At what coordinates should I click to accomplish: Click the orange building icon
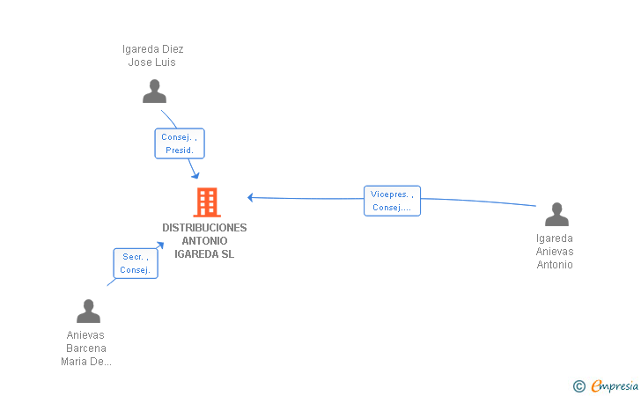pyautogui.click(x=207, y=202)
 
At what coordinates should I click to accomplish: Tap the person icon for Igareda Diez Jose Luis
pyautogui.click(x=155, y=92)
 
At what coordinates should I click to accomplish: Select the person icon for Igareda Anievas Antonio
pyautogui.click(x=556, y=214)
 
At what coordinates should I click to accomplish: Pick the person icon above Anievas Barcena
pyautogui.click(x=88, y=311)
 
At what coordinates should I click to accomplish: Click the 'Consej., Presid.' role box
pyautogui.click(x=180, y=143)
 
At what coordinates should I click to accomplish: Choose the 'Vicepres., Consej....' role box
pyautogui.click(x=392, y=201)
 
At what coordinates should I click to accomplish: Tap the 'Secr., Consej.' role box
pyautogui.click(x=136, y=263)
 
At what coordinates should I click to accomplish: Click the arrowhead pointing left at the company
pyautogui.click(x=251, y=197)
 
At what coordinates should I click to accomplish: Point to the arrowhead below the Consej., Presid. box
pyautogui.click(x=195, y=175)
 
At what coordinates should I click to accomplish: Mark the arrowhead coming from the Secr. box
pyautogui.click(x=160, y=246)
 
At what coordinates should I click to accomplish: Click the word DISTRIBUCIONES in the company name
pyautogui.click(x=204, y=228)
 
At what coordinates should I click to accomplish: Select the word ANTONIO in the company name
pyautogui.click(x=204, y=241)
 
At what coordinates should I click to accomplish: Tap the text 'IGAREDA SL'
pyautogui.click(x=204, y=254)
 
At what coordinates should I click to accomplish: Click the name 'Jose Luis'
pyautogui.click(x=152, y=62)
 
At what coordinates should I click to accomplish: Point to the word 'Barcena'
pyautogui.click(x=86, y=348)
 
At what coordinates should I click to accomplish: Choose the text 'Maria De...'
pyautogui.click(x=86, y=362)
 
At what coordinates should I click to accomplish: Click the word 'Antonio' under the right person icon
pyautogui.click(x=555, y=265)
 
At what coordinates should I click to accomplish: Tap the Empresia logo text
pyautogui.click(x=615, y=385)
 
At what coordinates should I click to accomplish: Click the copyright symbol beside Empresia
pyautogui.click(x=579, y=386)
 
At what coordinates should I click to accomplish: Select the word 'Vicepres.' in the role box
pyautogui.click(x=389, y=194)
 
